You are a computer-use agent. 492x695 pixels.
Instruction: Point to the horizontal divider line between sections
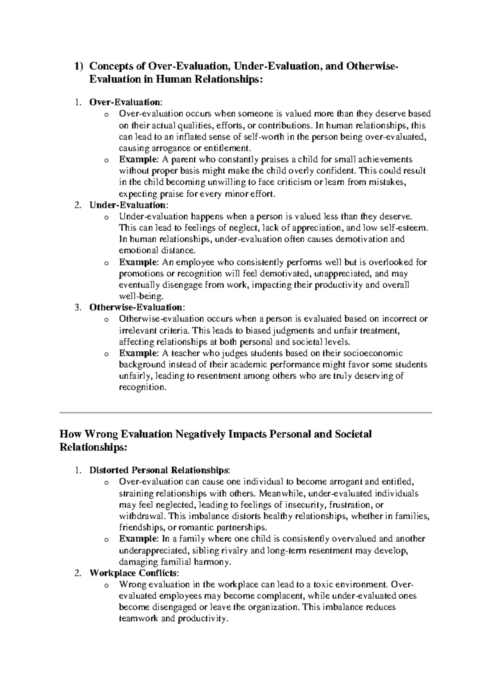click(x=246, y=413)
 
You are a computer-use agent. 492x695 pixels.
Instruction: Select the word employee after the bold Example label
click(x=195, y=262)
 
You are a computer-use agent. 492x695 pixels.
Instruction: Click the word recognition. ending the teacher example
click(x=143, y=387)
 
